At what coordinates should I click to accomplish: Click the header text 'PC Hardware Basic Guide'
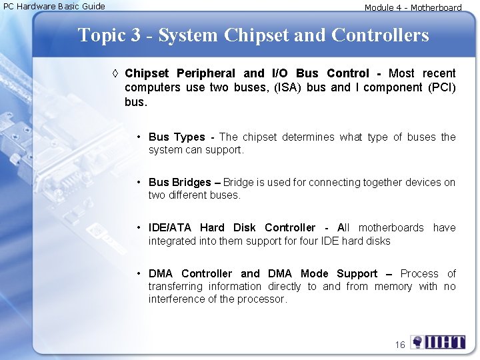pos(54,6)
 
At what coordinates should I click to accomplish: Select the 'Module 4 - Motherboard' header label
pos(413,7)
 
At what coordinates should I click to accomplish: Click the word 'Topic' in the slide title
pos(101,35)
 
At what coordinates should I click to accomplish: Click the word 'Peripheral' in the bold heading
pos(205,73)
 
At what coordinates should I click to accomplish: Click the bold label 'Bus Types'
pos(177,137)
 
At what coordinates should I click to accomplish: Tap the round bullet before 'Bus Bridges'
pos(139,182)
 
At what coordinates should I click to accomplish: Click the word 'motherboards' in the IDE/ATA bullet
pos(391,228)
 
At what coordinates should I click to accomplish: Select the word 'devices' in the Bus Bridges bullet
pos(421,182)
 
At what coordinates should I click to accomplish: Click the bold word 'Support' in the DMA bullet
pos(357,274)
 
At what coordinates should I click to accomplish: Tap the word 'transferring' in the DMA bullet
pos(176,287)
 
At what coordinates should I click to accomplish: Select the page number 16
pos(400,345)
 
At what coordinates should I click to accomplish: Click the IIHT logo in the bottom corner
pos(438,343)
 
